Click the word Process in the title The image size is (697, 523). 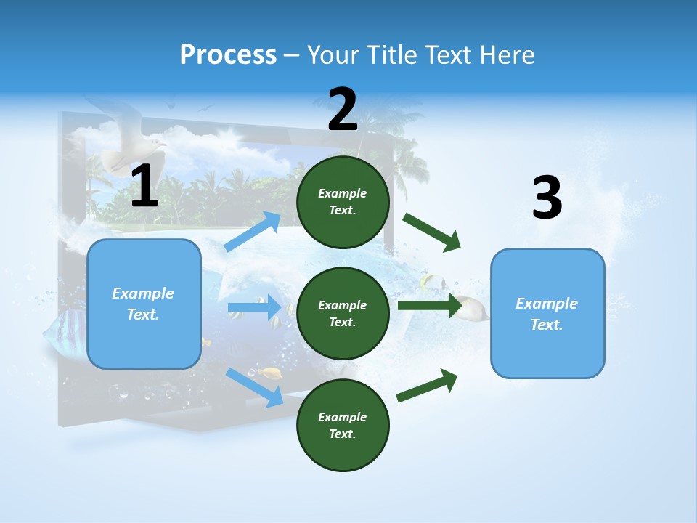point(228,55)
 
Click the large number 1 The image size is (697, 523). point(144,186)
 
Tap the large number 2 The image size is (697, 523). point(343,110)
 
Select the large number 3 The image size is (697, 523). point(547,198)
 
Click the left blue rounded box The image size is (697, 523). point(144,304)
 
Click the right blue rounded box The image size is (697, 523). point(547,313)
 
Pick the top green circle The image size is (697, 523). point(343,202)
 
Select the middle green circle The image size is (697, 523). point(343,313)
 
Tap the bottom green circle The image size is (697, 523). point(343,425)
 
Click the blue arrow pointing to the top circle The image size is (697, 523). point(253,232)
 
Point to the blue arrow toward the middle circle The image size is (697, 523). point(254,307)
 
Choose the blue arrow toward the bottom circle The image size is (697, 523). point(254,386)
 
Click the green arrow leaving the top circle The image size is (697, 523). point(432,232)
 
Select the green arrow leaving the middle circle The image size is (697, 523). point(429,305)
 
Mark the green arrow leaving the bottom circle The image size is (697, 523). point(427,385)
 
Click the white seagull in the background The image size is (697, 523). point(123,142)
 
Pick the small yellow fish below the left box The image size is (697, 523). point(272,373)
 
